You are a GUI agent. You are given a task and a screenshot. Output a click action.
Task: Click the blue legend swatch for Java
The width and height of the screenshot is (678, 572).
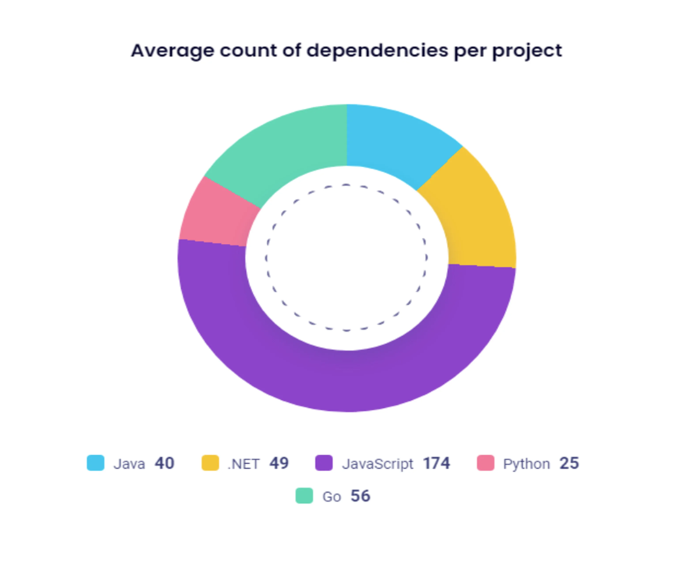[x=95, y=463]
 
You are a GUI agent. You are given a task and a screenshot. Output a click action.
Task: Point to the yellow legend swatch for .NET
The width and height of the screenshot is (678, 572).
[x=210, y=463]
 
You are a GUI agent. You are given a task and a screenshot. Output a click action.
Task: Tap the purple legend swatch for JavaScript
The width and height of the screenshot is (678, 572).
[x=324, y=463]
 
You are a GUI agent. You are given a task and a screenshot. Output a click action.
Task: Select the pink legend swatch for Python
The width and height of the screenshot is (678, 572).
[x=485, y=463]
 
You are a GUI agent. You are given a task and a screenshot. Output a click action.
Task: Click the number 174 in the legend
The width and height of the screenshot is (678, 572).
[x=436, y=463]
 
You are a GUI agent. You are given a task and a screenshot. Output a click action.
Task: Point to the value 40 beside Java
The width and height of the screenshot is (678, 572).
[x=164, y=463]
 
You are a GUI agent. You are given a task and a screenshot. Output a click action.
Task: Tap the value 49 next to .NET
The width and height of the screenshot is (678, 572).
[x=279, y=463]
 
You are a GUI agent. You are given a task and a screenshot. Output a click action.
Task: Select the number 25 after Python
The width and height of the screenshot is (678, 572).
[x=569, y=463]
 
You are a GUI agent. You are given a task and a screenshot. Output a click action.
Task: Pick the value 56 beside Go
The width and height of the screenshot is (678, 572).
[x=360, y=496]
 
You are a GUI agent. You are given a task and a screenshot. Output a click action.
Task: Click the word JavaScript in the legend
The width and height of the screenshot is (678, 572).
[x=378, y=464]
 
